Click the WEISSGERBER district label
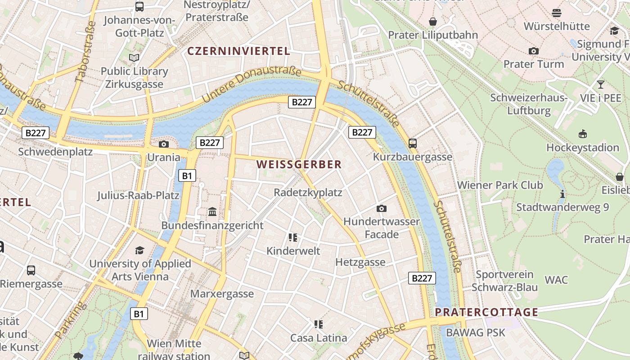[x=299, y=165]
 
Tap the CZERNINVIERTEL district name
[x=238, y=51]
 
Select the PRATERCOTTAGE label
[x=486, y=312]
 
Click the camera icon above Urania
[x=164, y=144]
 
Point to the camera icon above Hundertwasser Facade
[x=382, y=208]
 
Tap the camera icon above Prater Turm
[x=534, y=51]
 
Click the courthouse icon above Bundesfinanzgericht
[x=212, y=211]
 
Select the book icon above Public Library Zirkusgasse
[x=134, y=58]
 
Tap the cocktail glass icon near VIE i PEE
[x=600, y=85]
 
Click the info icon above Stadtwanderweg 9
[x=562, y=194]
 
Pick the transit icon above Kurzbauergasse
[x=413, y=144]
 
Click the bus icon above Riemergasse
[x=31, y=270]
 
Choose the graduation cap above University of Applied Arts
[x=140, y=250]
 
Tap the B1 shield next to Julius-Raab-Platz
[x=187, y=175]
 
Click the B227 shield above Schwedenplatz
[x=36, y=133]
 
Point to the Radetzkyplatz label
[x=308, y=193]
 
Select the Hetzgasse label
[x=360, y=262]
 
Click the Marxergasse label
[x=222, y=294]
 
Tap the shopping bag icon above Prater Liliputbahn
[x=433, y=22]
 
